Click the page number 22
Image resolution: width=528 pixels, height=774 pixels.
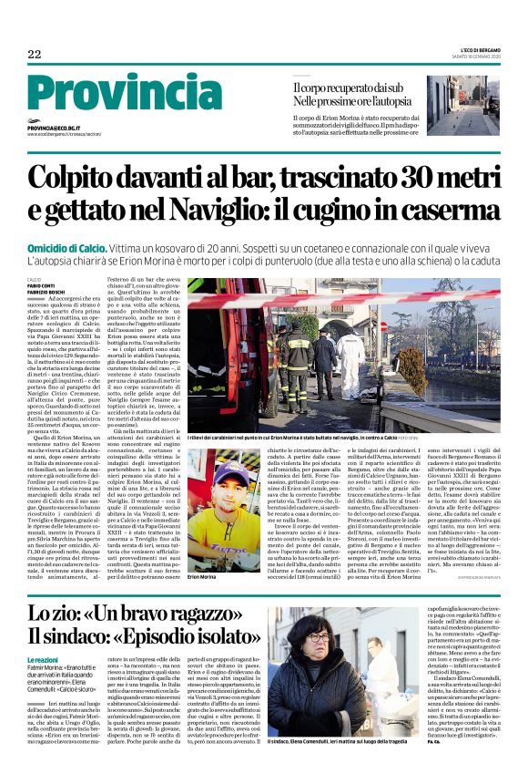(x=35, y=55)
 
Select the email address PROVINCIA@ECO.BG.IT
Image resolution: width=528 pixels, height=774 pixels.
(x=66, y=129)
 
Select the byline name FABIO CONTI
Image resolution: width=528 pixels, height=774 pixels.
(x=40, y=286)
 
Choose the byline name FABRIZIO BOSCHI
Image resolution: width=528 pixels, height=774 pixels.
(x=45, y=292)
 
